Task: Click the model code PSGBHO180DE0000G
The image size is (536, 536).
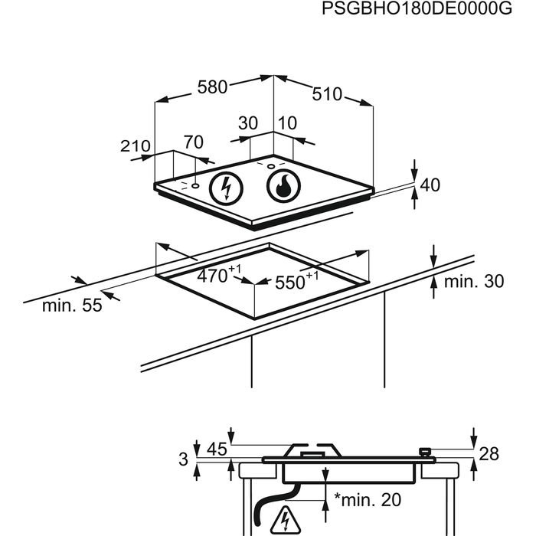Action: tap(417, 8)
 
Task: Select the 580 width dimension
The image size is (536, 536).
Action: tap(212, 87)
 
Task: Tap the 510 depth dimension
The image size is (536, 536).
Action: tap(327, 94)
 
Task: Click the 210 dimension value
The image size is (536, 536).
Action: tap(136, 146)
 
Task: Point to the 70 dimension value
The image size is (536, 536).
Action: tap(194, 142)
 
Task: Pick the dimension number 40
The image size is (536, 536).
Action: tap(430, 185)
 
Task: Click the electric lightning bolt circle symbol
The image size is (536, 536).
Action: tap(226, 188)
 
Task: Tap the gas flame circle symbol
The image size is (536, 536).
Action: tap(284, 186)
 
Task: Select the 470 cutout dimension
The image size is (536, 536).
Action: tap(219, 274)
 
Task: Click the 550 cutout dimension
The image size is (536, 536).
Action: tap(296, 281)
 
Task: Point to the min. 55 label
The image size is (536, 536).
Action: tap(72, 306)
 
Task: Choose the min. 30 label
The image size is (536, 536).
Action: tap(474, 281)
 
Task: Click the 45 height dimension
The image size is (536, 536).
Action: tap(217, 449)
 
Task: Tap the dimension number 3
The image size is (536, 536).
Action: tap(183, 459)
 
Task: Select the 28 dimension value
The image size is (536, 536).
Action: tap(489, 454)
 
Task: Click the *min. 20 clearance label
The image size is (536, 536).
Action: tap(367, 499)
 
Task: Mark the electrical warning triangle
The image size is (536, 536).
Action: tap(286, 521)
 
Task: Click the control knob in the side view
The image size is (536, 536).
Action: tap(424, 452)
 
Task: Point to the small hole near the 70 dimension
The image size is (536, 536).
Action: tap(195, 185)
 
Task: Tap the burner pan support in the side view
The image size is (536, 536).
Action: tap(313, 450)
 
